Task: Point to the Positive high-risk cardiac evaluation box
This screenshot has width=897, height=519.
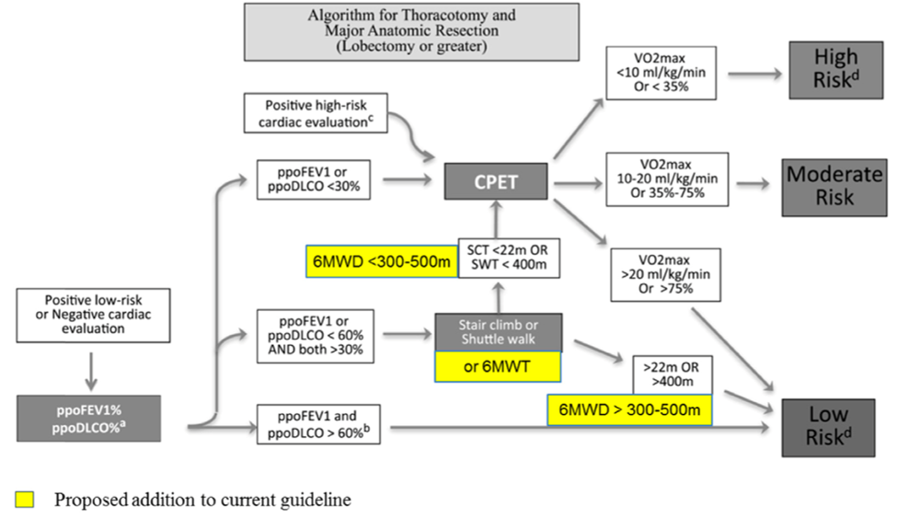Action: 317,112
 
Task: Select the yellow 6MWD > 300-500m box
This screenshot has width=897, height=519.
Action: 630,409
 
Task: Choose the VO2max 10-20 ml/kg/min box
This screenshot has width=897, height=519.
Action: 667,179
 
